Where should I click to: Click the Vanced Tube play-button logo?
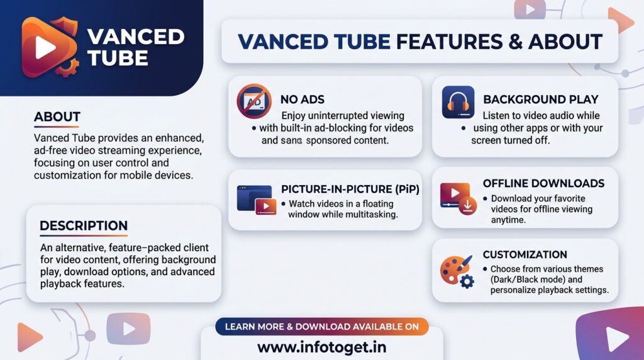[49, 47]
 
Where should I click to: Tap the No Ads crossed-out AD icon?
[254, 101]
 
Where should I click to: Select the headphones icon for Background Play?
[458, 102]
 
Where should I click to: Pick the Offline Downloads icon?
[458, 199]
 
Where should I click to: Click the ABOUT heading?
[57, 116]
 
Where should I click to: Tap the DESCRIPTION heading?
[84, 225]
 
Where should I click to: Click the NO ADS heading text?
[303, 99]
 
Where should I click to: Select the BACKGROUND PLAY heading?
[540, 99]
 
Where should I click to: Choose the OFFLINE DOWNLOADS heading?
[543, 183]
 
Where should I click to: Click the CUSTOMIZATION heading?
[525, 254]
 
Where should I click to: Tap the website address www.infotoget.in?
[321, 347]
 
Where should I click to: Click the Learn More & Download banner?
[322, 327]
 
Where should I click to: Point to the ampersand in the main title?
[515, 42]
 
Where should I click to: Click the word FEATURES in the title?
[449, 42]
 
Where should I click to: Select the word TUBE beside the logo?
[118, 58]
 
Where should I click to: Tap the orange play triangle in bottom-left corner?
[29, 337]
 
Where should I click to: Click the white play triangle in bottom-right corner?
[617, 339]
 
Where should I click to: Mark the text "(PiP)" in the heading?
[408, 189]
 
